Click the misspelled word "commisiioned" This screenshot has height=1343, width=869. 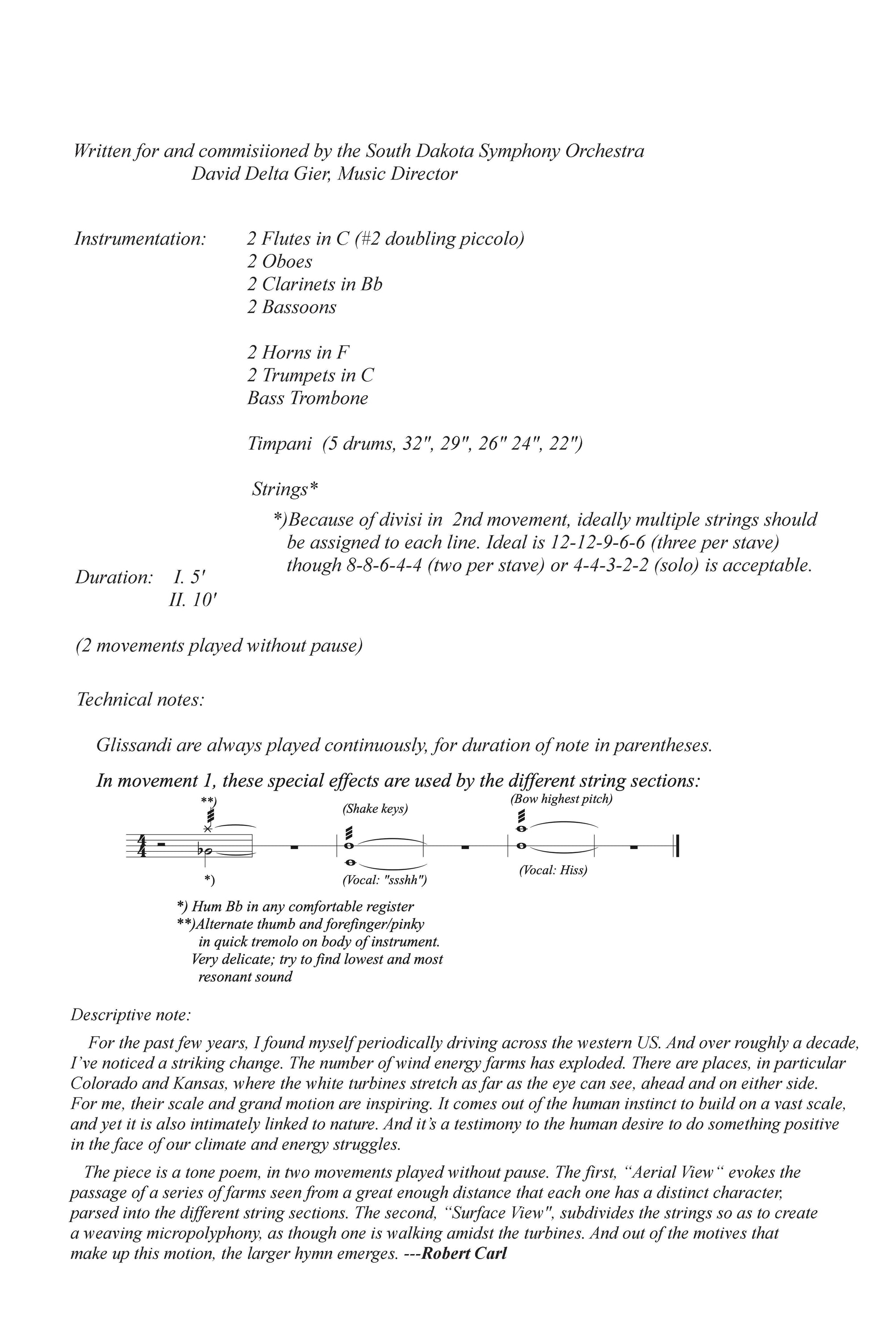[x=263, y=151]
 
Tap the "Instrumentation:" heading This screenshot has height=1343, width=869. [x=140, y=238]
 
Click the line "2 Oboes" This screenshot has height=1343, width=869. [x=280, y=261]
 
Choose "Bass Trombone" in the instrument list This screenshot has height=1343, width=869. [x=308, y=398]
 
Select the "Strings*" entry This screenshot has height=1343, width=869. [x=285, y=489]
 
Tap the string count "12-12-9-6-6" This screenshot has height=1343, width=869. [x=598, y=543]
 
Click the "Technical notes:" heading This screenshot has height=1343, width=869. [x=140, y=700]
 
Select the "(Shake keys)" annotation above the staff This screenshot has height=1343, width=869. [x=375, y=809]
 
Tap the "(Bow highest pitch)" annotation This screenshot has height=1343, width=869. [x=561, y=799]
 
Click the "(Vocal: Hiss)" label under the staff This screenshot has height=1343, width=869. [x=553, y=870]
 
